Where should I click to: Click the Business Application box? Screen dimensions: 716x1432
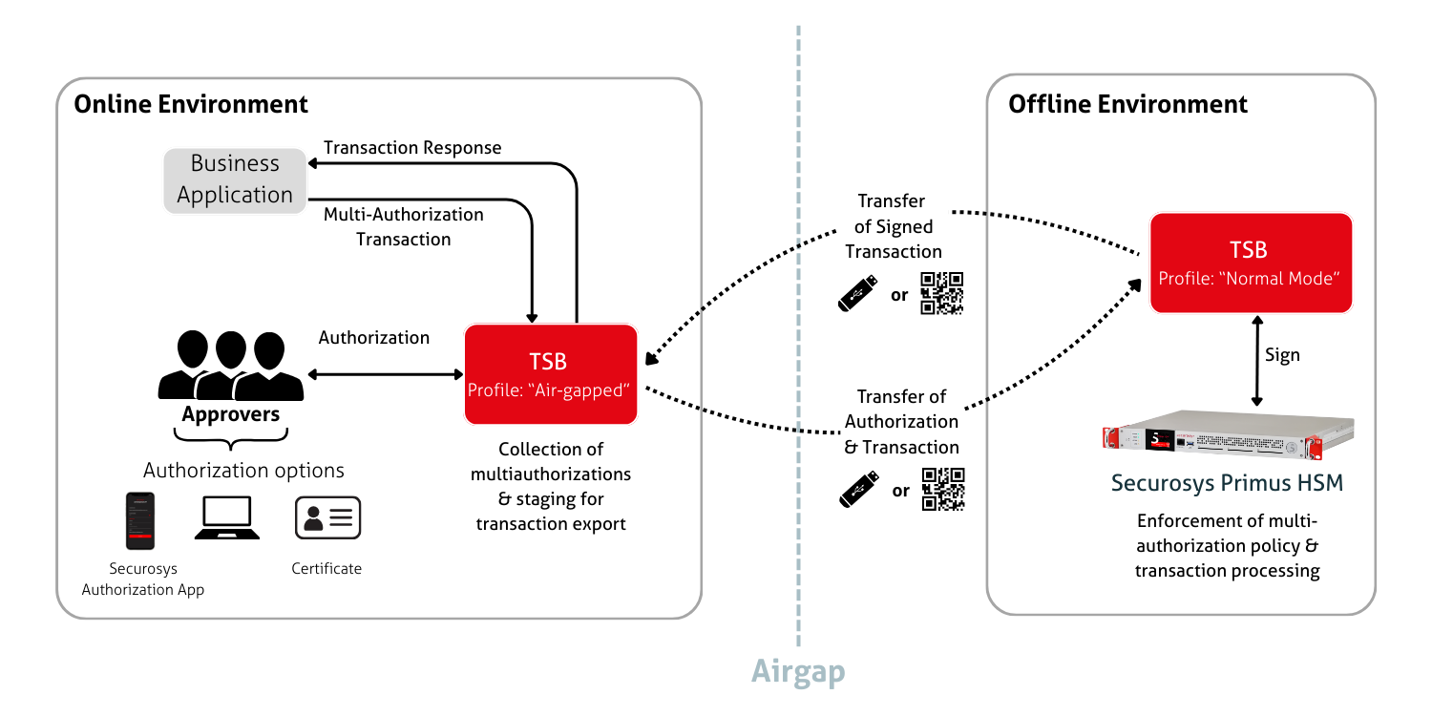[x=235, y=179]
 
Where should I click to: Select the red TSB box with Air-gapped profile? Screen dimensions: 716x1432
[x=550, y=374]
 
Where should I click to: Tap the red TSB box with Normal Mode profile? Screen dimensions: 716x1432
[x=1251, y=263]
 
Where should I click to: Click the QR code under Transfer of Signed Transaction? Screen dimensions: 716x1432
[x=941, y=293]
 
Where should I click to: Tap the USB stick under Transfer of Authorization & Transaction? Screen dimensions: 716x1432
[x=858, y=489]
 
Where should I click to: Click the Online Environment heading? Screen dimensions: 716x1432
[x=191, y=104]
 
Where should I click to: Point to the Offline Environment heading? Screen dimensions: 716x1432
[x=1127, y=104]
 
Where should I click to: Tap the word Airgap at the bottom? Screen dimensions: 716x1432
[x=798, y=671]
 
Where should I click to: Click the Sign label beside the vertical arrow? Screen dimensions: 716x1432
[x=1282, y=355]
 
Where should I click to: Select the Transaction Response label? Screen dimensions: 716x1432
[x=412, y=148]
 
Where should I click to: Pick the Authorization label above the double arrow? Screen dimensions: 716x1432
[x=373, y=338]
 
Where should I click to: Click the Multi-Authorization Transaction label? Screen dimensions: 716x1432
[x=403, y=226]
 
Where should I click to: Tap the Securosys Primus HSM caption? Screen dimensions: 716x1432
[x=1227, y=483]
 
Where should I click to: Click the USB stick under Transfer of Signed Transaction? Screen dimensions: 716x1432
[x=858, y=293]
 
